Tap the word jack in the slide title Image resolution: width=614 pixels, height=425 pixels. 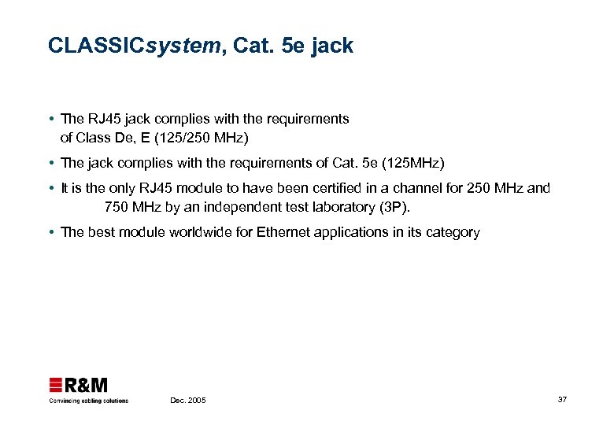pos(332,46)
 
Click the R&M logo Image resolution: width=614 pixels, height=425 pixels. pos(79,386)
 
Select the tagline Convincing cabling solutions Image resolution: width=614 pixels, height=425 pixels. pos(88,401)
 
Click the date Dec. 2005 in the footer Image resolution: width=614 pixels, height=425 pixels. pos(188,401)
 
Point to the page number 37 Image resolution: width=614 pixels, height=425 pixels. pos(562,400)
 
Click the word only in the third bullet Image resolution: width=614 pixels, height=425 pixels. pos(120,188)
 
